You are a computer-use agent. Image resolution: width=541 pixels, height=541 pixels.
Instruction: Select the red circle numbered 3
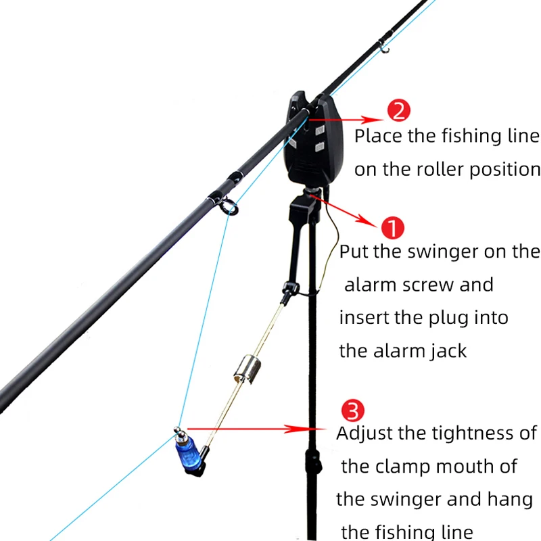[x=353, y=410]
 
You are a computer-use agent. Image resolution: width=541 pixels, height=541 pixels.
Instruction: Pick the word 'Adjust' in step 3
[x=365, y=433]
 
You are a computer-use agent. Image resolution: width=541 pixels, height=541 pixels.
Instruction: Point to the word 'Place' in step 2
[x=379, y=136]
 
